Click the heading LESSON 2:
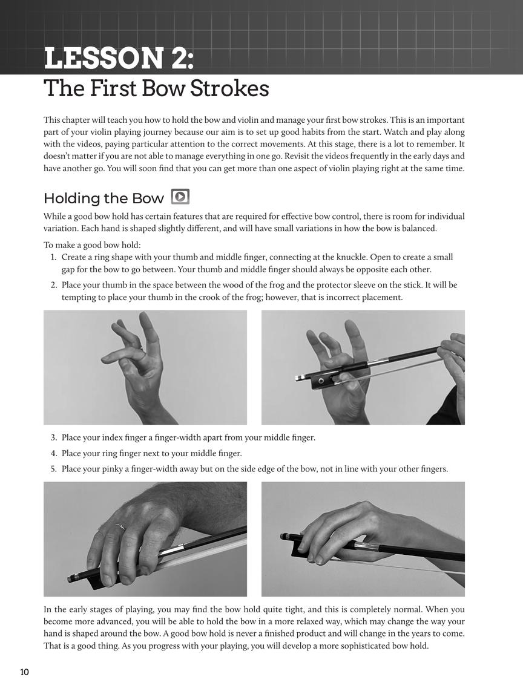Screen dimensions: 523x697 pyautogui.click(x=119, y=58)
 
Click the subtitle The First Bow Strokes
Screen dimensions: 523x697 pyautogui.click(x=156, y=88)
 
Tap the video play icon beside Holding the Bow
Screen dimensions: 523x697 pyautogui.click(x=180, y=197)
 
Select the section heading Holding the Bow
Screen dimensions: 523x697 pyautogui.click(x=104, y=198)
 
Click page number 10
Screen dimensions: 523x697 pyautogui.click(x=24, y=672)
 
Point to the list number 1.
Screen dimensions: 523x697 pyautogui.click(x=53, y=257)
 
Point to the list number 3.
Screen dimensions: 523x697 pyautogui.click(x=53, y=438)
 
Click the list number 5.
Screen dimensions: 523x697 pyautogui.click(x=53, y=469)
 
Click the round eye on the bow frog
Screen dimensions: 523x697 pyautogui.click(x=321, y=381)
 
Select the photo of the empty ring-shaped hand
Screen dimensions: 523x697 pyautogui.click(x=145, y=367)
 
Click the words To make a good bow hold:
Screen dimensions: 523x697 pyautogui.click(x=92, y=245)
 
